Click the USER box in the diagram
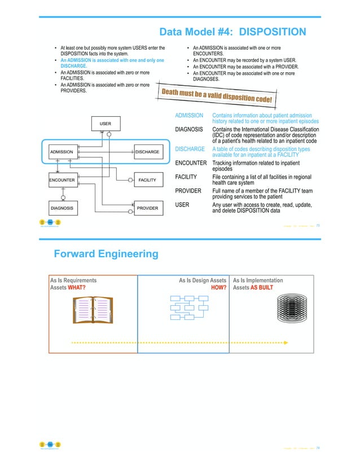click(x=106, y=123)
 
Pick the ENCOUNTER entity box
click(x=62, y=180)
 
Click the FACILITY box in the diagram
click(x=147, y=180)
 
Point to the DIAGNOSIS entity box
click(x=63, y=208)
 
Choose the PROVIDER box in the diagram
click(x=147, y=208)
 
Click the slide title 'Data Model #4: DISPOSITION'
click(x=232, y=32)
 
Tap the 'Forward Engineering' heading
click(x=106, y=254)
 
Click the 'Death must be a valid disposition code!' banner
click(x=218, y=98)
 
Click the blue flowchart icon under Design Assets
click(x=190, y=309)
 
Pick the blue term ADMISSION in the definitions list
click(x=189, y=116)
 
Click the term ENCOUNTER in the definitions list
click(x=191, y=163)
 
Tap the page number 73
click(x=318, y=225)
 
